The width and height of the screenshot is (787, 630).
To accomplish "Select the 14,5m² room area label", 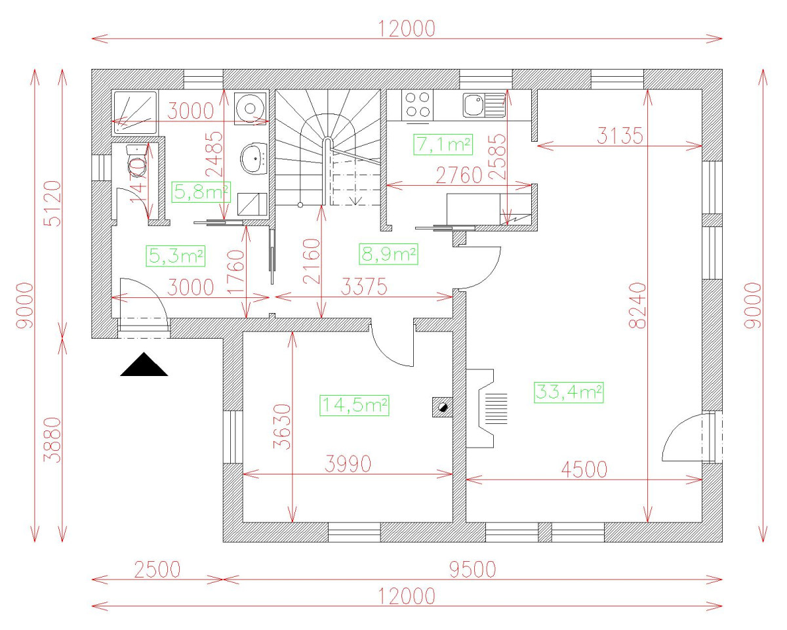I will [354, 404].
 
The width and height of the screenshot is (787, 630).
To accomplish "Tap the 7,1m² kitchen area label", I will [443, 144].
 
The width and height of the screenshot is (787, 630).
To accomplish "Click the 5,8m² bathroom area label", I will [201, 192].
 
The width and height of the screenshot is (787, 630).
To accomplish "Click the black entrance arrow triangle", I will [144, 365].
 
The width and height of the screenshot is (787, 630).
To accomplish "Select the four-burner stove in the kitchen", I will [418, 105].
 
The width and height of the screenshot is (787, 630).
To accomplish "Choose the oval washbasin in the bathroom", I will [254, 158].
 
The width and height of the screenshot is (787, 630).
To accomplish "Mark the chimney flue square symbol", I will [442, 407].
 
